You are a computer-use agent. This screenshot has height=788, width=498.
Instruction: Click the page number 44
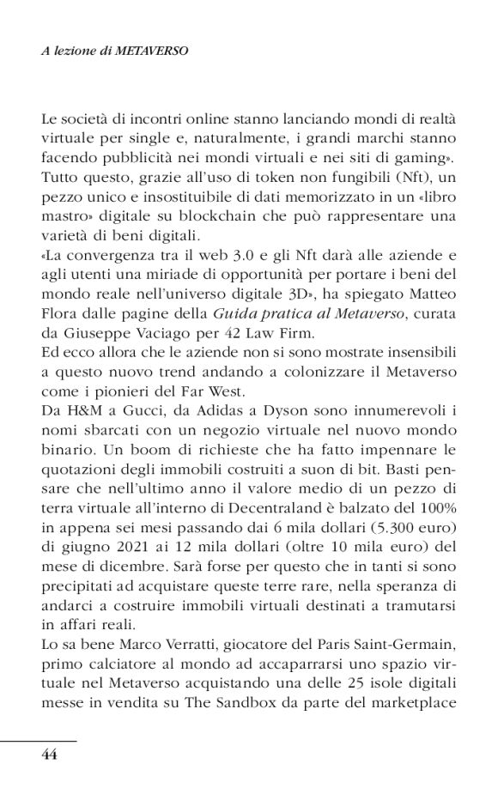(x=49, y=755)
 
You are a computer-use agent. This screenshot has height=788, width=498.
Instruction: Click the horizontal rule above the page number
(x=38, y=740)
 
